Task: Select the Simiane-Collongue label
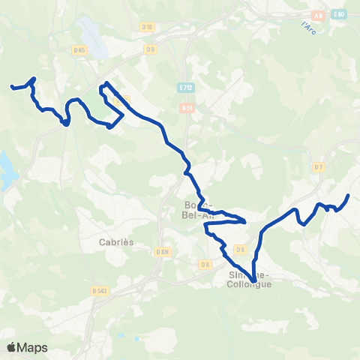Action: [x=250, y=280]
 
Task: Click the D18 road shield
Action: [x=147, y=27]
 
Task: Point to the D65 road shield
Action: [x=79, y=49]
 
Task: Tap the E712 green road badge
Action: [x=187, y=88]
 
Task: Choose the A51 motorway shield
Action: [x=187, y=108]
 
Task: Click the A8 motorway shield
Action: [x=317, y=14]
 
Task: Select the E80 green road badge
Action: [x=340, y=14]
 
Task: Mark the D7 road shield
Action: [x=319, y=166]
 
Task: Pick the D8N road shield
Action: [x=164, y=252]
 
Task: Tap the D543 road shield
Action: [x=99, y=290]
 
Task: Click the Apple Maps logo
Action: [x=27, y=347]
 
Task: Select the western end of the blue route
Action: [x=11, y=88]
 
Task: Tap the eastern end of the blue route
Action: [x=349, y=196]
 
